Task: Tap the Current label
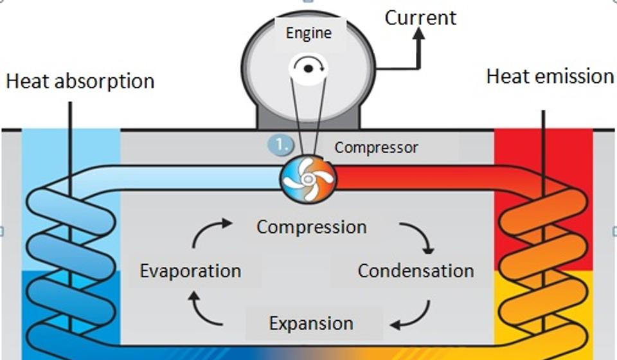click(x=420, y=17)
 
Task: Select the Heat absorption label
click(x=80, y=82)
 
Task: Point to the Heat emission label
click(x=550, y=76)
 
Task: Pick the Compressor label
click(x=376, y=148)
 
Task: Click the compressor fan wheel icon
click(x=308, y=178)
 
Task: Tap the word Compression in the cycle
click(x=312, y=227)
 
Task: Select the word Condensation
click(x=416, y=271)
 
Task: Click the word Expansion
click(x=311, y=323)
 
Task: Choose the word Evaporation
click(x=190, y=271)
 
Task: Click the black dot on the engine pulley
click(x=308, y=68)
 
